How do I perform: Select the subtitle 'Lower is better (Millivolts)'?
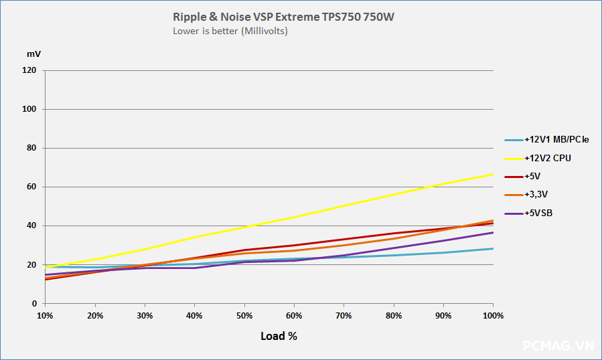click(x=230, y=31)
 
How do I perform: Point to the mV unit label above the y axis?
click(x=33, y=53)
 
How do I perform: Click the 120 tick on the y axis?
click(x=29, y=70)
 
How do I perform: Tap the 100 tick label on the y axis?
click(x=29, y=109)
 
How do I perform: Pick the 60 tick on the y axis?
click(x=31, y=187)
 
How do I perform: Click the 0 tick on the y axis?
click(x=34, y=304)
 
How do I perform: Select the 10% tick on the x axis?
click(x=45, y=315)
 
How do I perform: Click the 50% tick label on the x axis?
click(x=244, y=315)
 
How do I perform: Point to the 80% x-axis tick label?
click(x=394, y=315)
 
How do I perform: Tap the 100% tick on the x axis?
click(x=493, y=315)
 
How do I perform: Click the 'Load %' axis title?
click(x=279, y=336)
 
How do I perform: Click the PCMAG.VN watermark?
click(x=558, y=346)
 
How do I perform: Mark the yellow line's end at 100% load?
click(x=493, y=174)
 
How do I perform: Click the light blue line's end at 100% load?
click(x=493, y=248)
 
